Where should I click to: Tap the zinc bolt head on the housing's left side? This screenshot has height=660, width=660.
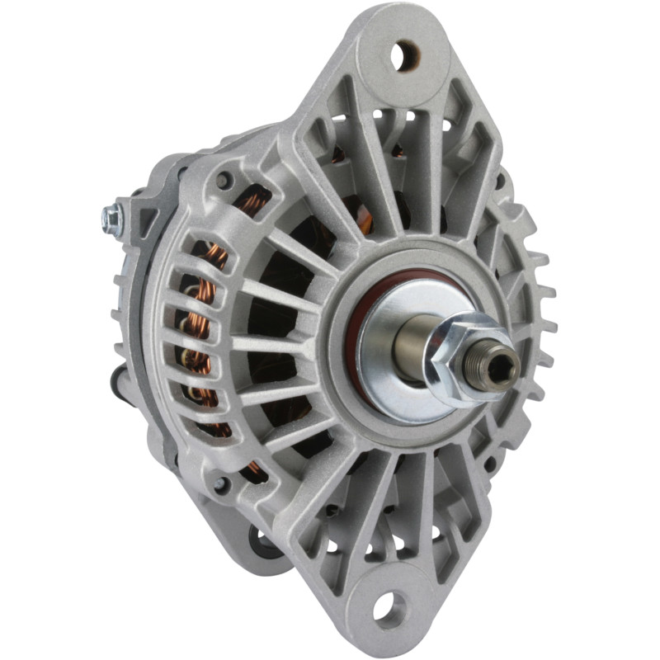[111, 218]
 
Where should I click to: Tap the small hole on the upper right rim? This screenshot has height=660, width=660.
[500, 181]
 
